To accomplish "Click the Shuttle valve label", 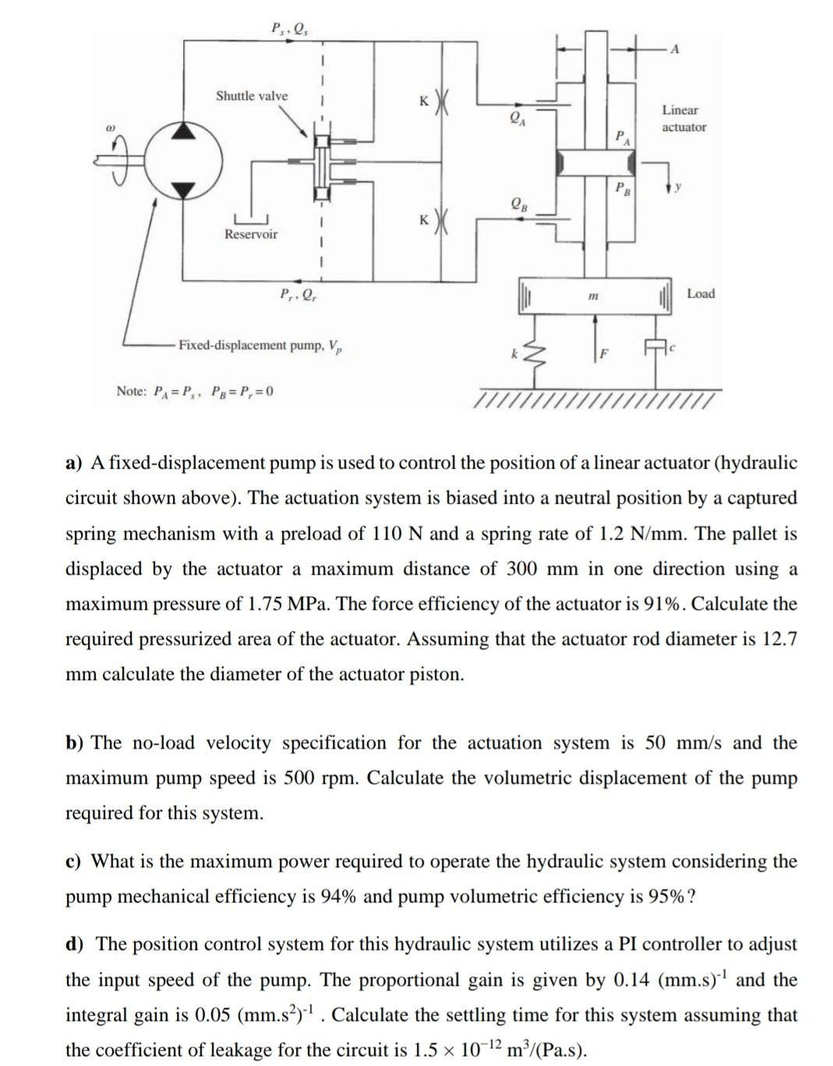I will tap(251, 96).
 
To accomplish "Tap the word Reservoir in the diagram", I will tap(250, 234).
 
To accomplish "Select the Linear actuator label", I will tap(683, 119).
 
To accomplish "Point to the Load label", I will tap(701, 293).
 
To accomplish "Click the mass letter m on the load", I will tap(593, 296).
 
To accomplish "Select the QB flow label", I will tap(517, 204).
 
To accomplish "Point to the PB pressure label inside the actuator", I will tap(623, 187).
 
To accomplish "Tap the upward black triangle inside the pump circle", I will tap(184, 132).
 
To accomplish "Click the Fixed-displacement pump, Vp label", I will tap(261, 345).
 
